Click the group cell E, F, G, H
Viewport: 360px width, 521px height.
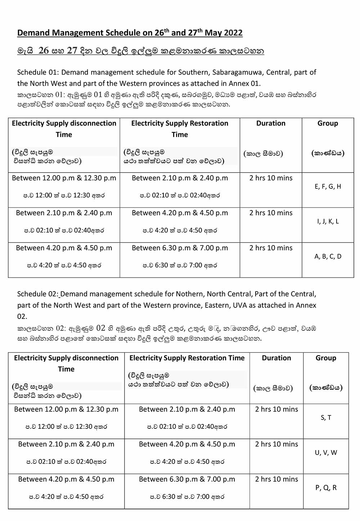coord(328,187)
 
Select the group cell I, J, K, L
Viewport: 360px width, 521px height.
coord(328,222)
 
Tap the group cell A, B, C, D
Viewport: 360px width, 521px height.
coord(328,257)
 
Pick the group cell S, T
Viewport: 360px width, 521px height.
coord(326,418)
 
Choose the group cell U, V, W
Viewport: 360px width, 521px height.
coord(326,453)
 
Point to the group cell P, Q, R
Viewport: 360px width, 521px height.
coord(326,487)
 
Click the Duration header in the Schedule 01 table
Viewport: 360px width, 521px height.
coord(271,123)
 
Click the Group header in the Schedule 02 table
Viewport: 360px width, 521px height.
coord(326,358)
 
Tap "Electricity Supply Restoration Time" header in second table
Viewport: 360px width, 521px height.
coord(187,358)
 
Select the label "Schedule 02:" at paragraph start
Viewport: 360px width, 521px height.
coord(38,294)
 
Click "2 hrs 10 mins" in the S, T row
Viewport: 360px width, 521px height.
coord(276,409)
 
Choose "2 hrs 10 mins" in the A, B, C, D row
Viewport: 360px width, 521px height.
coord(271,248)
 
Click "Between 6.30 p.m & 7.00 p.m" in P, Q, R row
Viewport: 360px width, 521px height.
coord(187,479)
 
